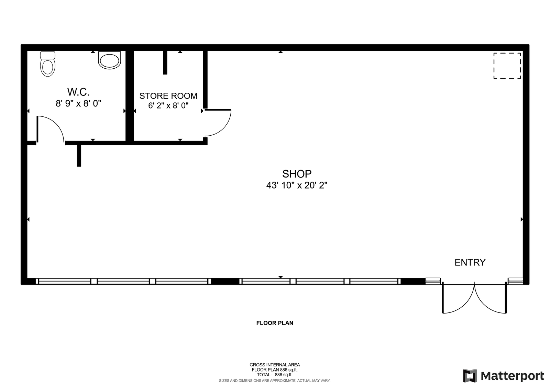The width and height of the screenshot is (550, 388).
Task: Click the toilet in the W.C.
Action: coord(48,64)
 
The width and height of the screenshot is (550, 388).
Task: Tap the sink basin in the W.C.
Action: coord(110,60)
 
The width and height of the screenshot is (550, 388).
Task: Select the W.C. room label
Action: coord(78,92)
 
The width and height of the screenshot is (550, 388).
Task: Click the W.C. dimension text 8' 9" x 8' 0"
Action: coord(78,103)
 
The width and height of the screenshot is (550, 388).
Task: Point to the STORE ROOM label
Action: coord(168,96)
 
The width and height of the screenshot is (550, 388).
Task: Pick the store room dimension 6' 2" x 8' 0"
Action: coord(168,105)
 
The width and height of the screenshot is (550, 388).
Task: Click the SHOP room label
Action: coord(297,174)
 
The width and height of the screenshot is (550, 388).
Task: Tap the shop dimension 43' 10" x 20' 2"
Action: coord(297,185)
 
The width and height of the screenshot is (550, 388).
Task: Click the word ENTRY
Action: coord(470,262)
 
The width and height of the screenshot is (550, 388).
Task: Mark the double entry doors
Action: coord(474,298)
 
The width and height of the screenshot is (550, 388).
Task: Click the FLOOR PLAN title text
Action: coord(275,323)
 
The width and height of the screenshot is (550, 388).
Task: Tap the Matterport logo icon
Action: coord(470,376)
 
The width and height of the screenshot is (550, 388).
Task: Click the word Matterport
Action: coord(512,376)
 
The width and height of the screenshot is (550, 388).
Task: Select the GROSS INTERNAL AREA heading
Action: coord(275,365)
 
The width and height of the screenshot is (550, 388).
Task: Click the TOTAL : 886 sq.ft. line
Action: coord(275,375)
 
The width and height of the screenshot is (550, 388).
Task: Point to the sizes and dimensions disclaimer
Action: coord(275,381)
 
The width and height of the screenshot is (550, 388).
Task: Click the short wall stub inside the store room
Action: coord(165,62)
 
